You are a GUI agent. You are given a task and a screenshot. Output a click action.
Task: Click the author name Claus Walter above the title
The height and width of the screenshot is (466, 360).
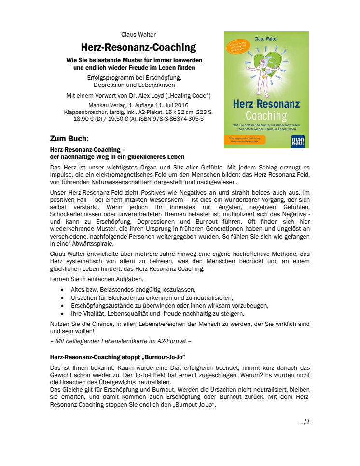(138, 34)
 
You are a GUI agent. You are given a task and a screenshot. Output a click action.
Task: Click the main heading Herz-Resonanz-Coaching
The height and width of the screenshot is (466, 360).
(138, 47)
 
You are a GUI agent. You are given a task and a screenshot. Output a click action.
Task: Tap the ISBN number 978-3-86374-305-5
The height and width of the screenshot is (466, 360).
(180, 118)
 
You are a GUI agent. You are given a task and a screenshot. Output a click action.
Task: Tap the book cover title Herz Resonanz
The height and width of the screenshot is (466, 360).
(266, 104)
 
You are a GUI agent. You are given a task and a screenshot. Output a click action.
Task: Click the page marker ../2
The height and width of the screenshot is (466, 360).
(305, 422)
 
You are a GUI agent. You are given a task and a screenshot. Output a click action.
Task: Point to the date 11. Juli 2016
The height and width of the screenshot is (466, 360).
(174, 105)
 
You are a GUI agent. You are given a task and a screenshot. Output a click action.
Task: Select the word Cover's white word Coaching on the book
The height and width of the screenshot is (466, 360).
(266, 115)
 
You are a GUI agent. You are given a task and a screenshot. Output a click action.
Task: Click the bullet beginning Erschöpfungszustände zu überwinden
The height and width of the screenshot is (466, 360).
(169, 306)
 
